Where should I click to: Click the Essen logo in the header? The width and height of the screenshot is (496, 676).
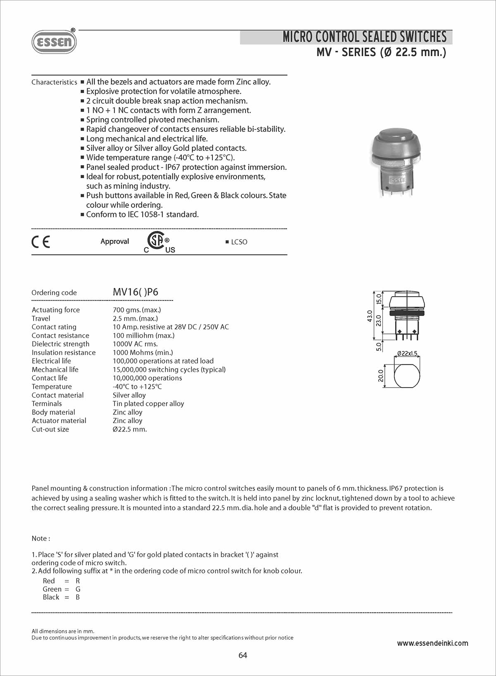tap(54, 42)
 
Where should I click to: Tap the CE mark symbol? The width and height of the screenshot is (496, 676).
tap(41, 242)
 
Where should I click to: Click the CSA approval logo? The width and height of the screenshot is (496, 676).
tap(157, 241)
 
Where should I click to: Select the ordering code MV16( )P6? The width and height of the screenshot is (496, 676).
tap(136, 292)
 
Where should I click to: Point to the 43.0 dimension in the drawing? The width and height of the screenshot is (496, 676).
tap(370, 316)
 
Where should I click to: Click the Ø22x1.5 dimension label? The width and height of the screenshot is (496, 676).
tap(407, 354)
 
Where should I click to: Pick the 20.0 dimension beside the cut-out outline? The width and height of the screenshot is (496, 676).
tap(381, 376)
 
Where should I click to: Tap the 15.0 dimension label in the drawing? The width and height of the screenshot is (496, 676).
tap(379, 298)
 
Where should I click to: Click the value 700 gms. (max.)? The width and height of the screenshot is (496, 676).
tap(137, 310)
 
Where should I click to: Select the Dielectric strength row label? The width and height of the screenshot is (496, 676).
tap(60, 344)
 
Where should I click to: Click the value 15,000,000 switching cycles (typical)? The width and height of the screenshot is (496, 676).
tap(169, 369)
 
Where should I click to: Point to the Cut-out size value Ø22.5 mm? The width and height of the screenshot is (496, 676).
tap(130, 429)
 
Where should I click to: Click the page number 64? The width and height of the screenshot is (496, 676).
tap(243, 655)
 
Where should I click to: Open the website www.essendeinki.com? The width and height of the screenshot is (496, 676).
tap(432, 643)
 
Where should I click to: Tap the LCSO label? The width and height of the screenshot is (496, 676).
tap(239, 242)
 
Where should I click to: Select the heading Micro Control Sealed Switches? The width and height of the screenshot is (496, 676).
tap(364, 37)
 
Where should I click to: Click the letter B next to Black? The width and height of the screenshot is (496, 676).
tap(78, 597)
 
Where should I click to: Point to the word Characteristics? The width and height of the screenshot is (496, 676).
tap(54, 82)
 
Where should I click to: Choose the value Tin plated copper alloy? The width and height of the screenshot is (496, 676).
tap(148, 404)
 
